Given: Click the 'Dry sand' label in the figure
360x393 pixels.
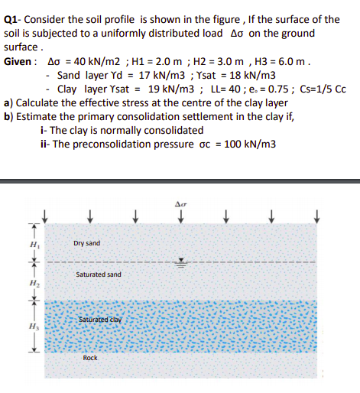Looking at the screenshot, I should click(87, 244).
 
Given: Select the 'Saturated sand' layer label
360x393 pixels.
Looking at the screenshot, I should click(99, 274).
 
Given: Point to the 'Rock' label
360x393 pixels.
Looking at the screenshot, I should click(90, 358).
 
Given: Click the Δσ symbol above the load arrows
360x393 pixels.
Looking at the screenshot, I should click(181, 206).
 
